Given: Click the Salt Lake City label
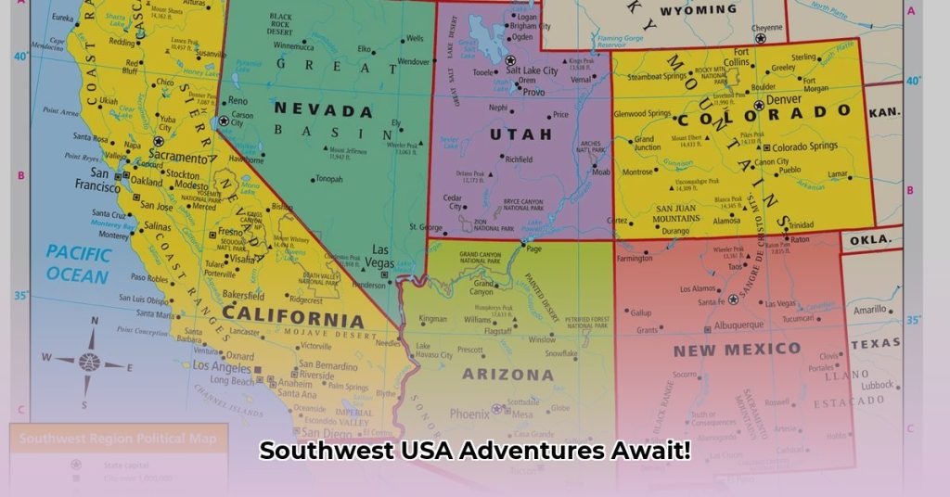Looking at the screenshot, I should pyautogui.click(x=538, y=70).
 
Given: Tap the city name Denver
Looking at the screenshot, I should pyautogui.click(x=784, y=99).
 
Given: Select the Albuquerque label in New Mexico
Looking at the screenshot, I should pyautogui.click(x=738, y=325).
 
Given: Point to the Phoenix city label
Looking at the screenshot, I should pyautogui.click(x=469, y=414).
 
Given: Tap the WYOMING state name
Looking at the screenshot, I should pyautogui.click(x=698, y=10).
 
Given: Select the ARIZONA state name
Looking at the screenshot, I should pyautogui.click(x=507, y=376).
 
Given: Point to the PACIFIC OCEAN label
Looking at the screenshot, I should pyautogui.click(x=78, y=261).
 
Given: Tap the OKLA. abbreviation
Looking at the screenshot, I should pyautogui.click(x=870, y=240).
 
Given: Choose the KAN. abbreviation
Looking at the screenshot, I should pyautogui.click(x=885, y=111).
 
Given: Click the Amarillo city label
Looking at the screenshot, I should pyautogui.click(x=871, y=310).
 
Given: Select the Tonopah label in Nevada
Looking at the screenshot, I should pyautogui.click(x=329, y=180).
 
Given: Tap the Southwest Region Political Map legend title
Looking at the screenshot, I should pyautogui.click(x=118, y=440).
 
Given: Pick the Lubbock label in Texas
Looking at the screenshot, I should pyautogui.click(x=877, y=385).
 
